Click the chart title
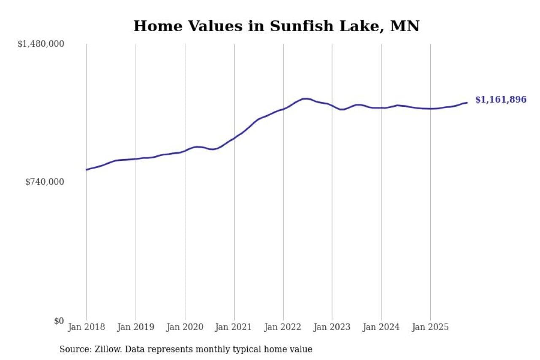(x=276, y=26)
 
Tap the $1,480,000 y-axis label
(x=40, y=44)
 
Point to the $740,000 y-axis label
(x=45, y=182)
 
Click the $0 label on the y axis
(x=59, y=321)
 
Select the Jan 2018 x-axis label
(x=86, y=327)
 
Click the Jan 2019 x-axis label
(x=136, y=327)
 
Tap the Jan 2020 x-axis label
(x=185, y=327)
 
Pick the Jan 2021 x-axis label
(x=234, y=327)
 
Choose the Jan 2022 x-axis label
(x=283, y=327)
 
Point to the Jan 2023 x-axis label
(x=332, y=327)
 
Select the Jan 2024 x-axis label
(x=381, y=327)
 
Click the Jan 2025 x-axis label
(x=430, y=327)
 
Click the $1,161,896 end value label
(x=501, y=100)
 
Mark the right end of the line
(x=467, y=103)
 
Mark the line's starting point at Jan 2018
(x=87, y=170)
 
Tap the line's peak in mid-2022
(x=305, y=98)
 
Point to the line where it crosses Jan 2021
(x=234, y=138)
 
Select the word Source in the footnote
(x=73, y=349)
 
